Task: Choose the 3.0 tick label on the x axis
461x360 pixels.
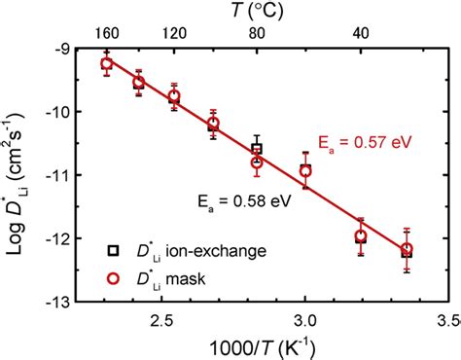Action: click(304, 319)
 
